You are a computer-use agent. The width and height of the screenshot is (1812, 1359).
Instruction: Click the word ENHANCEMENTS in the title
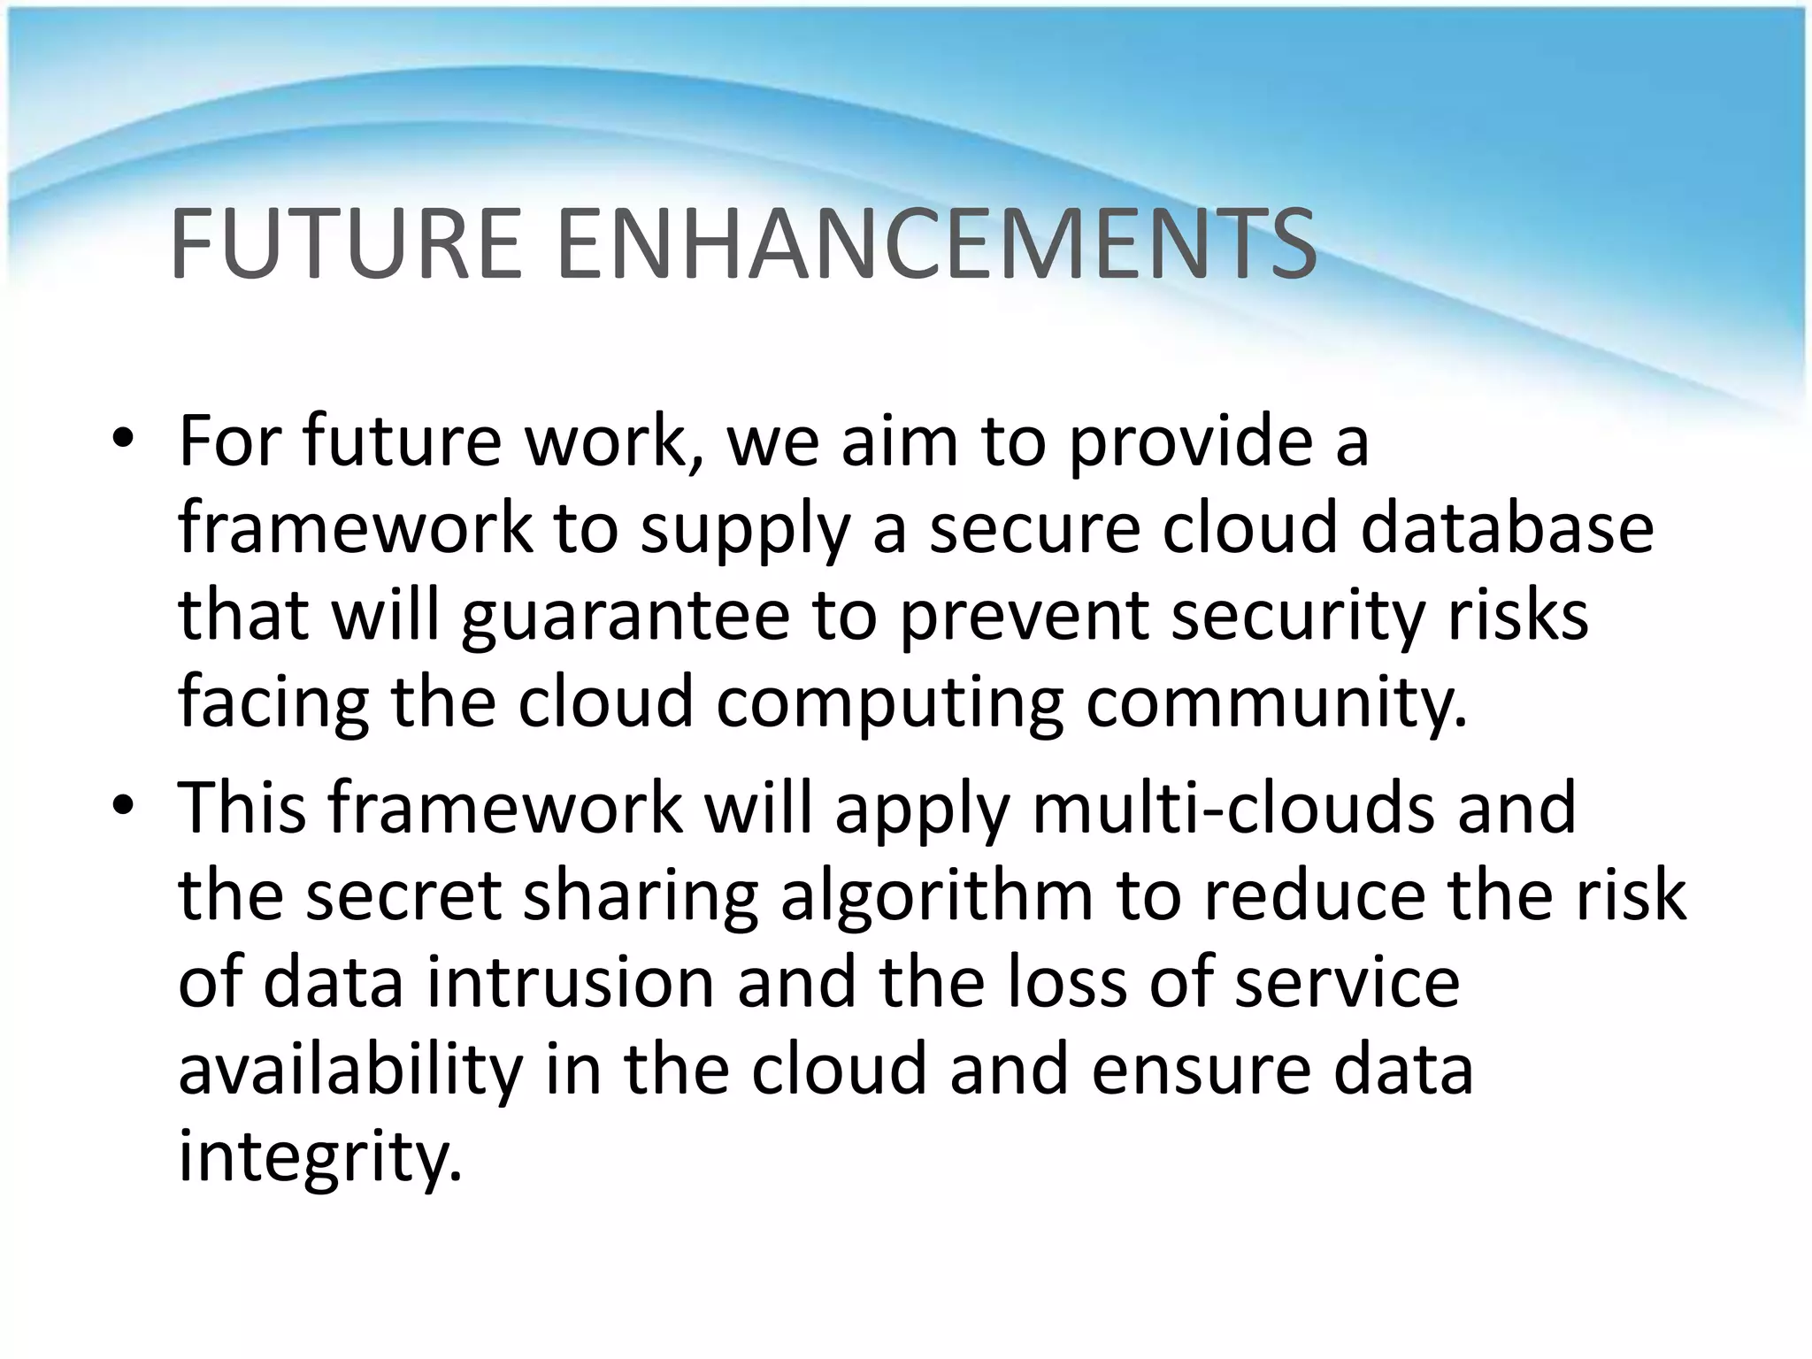pos(937,243)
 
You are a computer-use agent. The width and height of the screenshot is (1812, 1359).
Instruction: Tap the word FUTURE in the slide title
pos(346,243)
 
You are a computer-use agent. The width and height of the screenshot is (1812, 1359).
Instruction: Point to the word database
pos(1506,528)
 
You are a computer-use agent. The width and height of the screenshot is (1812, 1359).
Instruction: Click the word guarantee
pos(625,618)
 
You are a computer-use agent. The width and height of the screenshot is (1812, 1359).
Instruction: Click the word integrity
pos(320,1157)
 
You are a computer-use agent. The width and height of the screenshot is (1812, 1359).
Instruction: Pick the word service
pos(1347,982)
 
